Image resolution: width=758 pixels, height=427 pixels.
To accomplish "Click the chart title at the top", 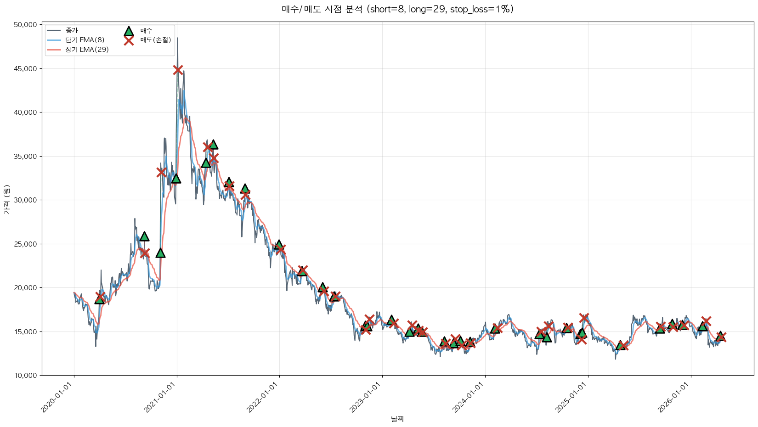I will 397,9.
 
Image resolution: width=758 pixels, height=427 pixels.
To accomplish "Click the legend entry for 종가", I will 72,30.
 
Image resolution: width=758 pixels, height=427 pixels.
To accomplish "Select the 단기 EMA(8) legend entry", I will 85,40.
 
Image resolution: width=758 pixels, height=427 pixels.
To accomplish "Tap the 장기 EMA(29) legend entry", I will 87,50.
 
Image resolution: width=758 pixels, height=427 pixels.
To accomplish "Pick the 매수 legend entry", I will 146,31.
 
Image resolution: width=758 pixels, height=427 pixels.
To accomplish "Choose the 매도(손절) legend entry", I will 156,40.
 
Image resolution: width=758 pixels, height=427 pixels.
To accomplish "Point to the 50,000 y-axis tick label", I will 26,25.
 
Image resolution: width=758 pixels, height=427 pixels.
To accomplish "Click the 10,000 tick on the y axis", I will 26,376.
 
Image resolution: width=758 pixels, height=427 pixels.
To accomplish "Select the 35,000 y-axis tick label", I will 26,157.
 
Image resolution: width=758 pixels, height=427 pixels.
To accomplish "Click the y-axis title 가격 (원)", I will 6,200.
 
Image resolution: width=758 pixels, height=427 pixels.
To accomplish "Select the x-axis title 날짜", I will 397,419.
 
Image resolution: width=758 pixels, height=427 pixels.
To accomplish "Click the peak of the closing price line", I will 178,38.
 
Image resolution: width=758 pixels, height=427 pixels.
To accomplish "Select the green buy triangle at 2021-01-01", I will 176,179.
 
